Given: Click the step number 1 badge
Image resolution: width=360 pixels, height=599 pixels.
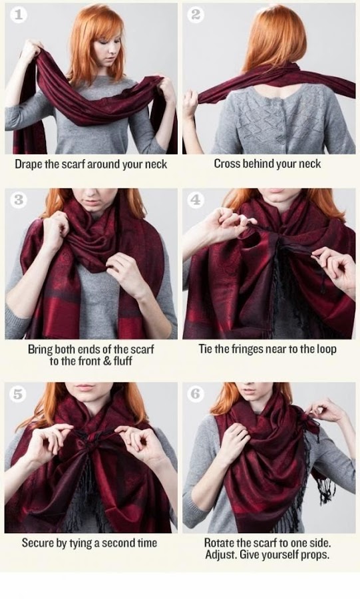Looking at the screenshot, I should tap(18, 15).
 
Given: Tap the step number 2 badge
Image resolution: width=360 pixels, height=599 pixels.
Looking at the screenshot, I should tap(195, 15).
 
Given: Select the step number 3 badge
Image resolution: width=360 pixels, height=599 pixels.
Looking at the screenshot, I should tap(18, 199).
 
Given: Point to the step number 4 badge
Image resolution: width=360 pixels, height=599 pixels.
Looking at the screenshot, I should tap(195, 199).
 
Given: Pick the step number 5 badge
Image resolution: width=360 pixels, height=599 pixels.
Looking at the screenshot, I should tap(18, 394).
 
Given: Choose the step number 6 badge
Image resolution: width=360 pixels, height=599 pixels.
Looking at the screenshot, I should tap(195, 394).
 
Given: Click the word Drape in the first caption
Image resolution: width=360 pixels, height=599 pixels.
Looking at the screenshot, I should tap(29, 164).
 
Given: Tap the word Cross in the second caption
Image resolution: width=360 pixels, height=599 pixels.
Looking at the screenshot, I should tap(227, 164).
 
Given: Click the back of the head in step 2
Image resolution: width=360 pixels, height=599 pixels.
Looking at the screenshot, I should tap(272, 33).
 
